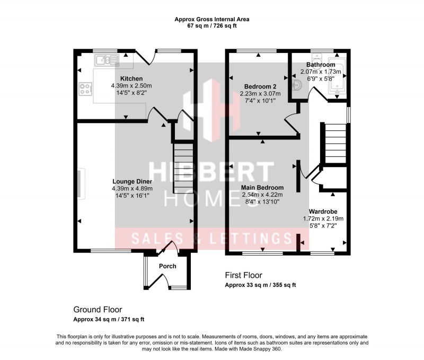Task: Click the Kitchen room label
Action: point(131,79)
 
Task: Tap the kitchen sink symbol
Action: point(107,61)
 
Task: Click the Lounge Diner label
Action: point(132,181)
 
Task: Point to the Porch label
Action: point(167,266)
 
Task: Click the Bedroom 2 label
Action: point(261,87)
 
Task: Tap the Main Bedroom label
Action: point(262,188)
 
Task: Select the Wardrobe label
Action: point(323,212)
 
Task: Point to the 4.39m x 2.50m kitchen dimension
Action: point(131,86)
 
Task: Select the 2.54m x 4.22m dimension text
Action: point(262,195)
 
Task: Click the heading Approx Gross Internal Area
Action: point(212,20)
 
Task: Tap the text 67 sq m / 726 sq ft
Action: point(212,26)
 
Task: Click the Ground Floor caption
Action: point(98,309)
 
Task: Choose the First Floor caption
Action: point(243,275)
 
